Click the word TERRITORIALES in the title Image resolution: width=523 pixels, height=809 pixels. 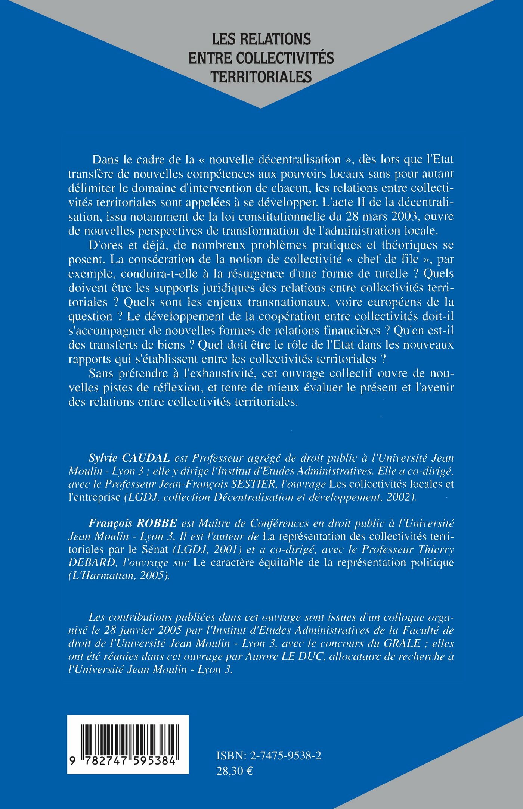[261, 77]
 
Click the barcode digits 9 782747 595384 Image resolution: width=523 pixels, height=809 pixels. [128, 761]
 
